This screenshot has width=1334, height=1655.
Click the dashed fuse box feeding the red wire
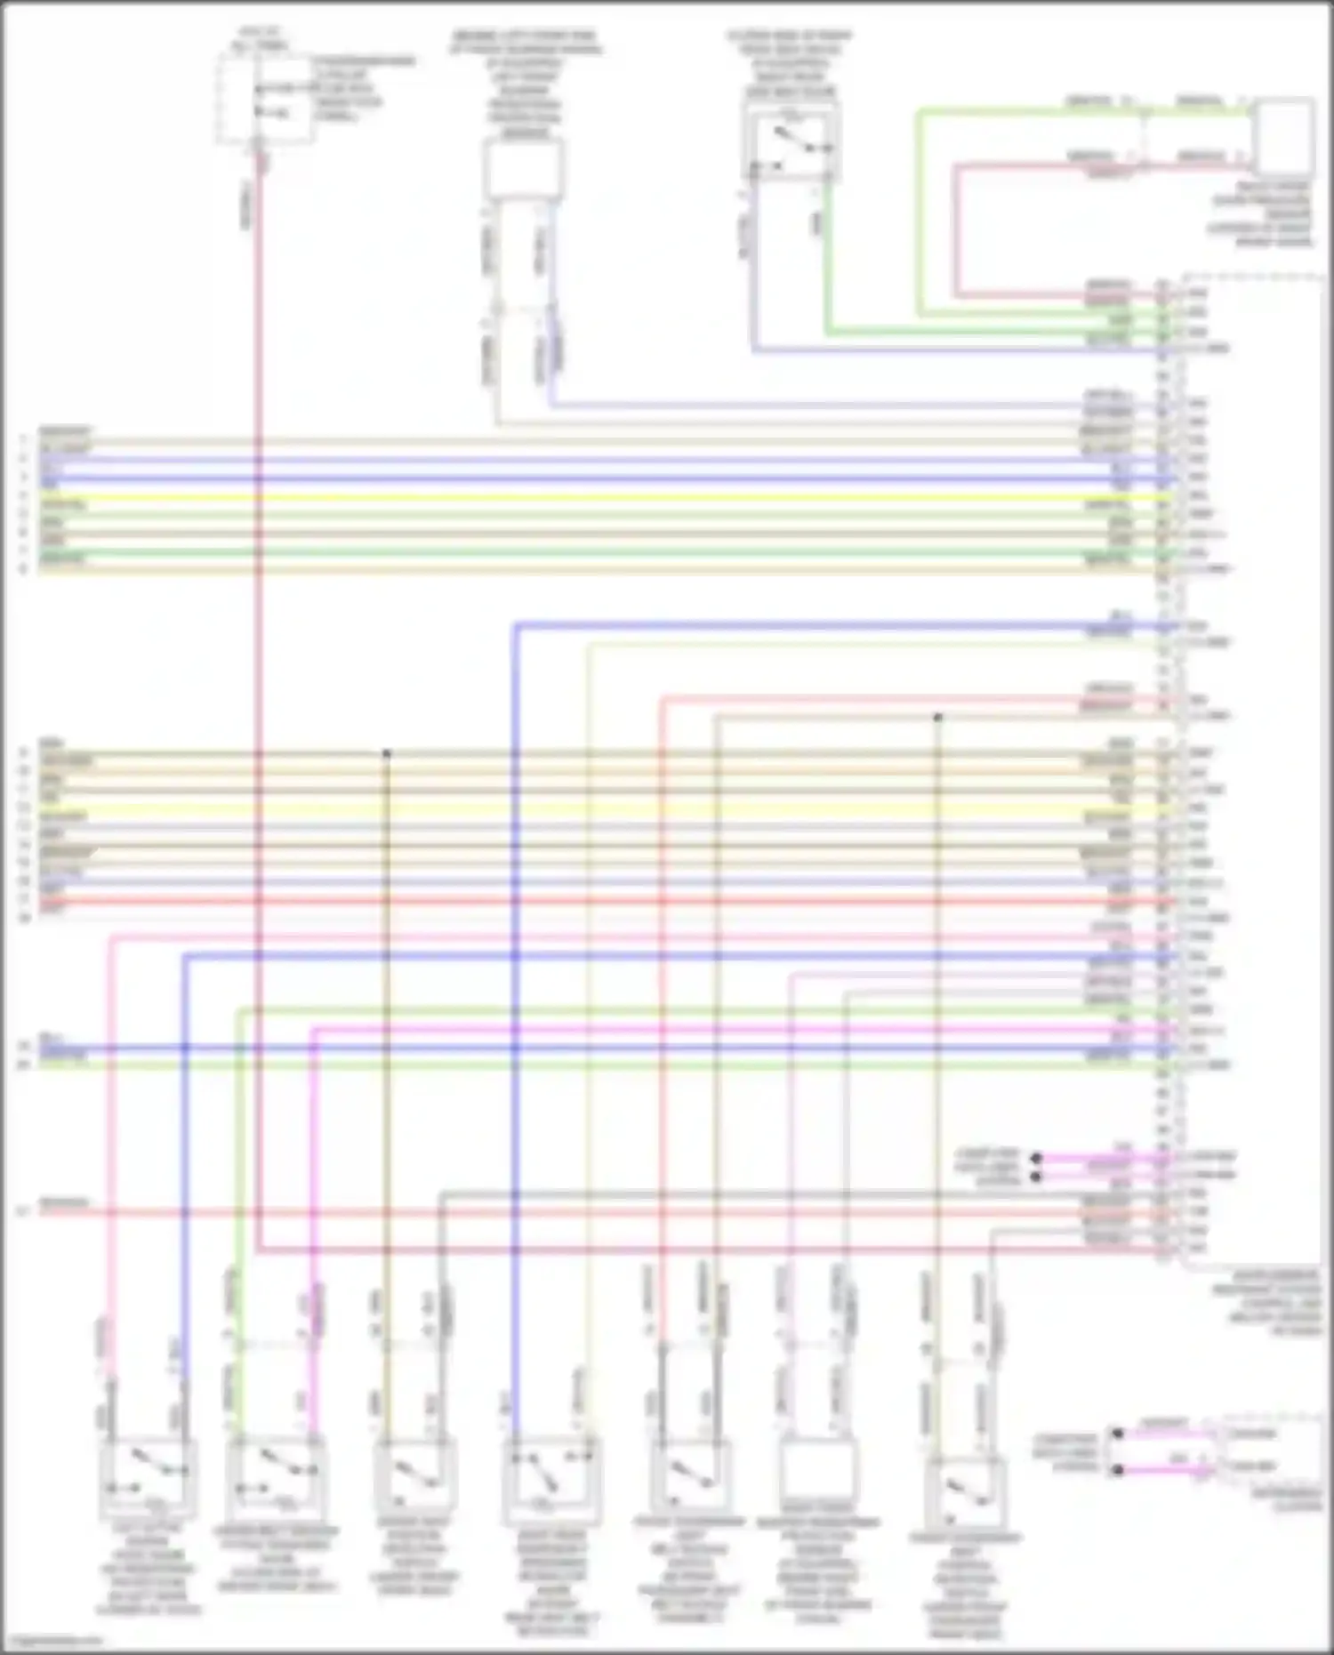(x=264, y=98)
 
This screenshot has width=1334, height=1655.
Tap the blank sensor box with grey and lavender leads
(x=523, y=169)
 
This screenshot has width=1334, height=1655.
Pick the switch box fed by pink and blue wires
(x=148, y=1477)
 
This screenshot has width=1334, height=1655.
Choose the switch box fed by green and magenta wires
(x=275, y=1477)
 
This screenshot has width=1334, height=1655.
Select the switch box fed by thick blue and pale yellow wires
(x=550, y=1477)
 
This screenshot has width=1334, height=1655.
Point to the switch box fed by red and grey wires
(x=689, y=1477)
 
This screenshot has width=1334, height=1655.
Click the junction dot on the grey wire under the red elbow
(x=937, y=717)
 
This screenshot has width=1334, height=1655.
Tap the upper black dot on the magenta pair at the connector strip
(x=1036, y=1158)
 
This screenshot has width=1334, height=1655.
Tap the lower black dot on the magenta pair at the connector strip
(x=1036, y=1177)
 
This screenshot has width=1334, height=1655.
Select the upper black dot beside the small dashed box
(x=1118, y=1434)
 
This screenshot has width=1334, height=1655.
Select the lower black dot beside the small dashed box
(x=1118, y=1470)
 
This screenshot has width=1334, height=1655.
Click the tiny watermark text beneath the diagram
(x=53, y=1642)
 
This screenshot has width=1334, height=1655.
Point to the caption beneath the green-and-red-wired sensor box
(x=1261, y=214)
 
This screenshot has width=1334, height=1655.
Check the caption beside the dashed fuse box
(x=362, y=89)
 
